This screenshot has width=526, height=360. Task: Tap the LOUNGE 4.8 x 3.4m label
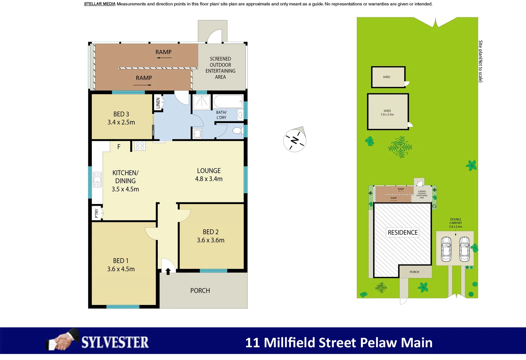click(x=209, y=175)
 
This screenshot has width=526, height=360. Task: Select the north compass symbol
click(x=295, y=140)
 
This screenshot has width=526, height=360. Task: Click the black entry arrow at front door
click(x=168, y=271)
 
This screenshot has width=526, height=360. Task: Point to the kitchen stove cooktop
click(x=140, y=146)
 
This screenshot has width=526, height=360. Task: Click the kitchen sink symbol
click(x=97, y=179)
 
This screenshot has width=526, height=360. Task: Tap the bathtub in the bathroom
click(x=228, y=101)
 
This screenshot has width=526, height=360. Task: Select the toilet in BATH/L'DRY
click(x=238, y=130)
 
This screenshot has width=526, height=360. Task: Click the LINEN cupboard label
click(x=158, y=103)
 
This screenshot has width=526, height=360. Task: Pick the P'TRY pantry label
click(x=97, y=213)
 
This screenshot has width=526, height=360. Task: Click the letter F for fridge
click(x=119, y=147)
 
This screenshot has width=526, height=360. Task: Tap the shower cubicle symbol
click(x=201, y=102)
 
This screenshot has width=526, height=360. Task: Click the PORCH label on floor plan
click(x=200, y=291)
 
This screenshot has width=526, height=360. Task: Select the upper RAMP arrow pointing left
click(x=164, y=58)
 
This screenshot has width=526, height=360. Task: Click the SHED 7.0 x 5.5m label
click(x=387, y=113)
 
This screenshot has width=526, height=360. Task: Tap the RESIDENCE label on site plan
click(x=403, y=232)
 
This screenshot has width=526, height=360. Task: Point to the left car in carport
click(x=446, y=249)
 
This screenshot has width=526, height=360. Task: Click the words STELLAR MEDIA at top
click(x=100, y=4)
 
